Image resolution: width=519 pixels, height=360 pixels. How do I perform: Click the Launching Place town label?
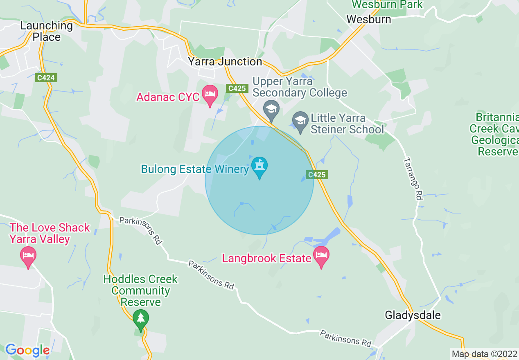pyautogui.click(x=46, y=31)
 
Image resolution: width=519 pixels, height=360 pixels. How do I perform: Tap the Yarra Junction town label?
pyautogui.click(x=225, y=62)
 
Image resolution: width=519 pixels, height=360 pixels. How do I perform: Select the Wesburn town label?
pyautogui.click(x=368, y=19)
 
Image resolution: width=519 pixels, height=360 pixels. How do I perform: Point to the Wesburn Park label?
pyautogui.click(x=387, y=5)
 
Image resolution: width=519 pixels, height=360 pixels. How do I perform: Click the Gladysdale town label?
pyautogui.click(x=413, y=315)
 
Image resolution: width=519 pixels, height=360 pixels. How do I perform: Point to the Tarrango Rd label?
pyautogui.click(x=413, y=178)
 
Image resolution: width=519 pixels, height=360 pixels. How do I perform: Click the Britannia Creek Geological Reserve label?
pyautogui.click(x=494, y=134)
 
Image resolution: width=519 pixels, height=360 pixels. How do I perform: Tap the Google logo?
pyautogui.click(x=27, y=351)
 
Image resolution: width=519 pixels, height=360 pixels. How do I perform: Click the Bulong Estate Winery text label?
pyautogui.click(x=195, y=169)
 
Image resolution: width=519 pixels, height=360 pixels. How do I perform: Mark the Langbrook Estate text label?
pyautogui.click(x=266, y=259)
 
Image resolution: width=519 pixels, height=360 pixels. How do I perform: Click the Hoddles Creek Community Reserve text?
pyautogui.click(x=140, y=290)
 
